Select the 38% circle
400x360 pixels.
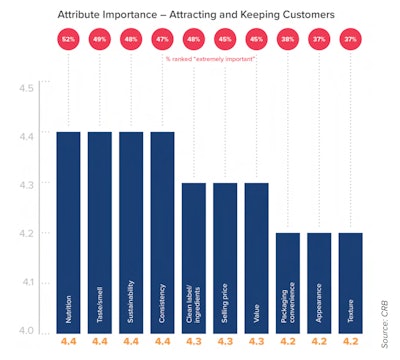289,39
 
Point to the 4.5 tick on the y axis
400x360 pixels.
26,88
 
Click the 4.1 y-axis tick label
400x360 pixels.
26,282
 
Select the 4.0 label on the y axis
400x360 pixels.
26,330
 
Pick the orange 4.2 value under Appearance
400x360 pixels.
320,343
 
